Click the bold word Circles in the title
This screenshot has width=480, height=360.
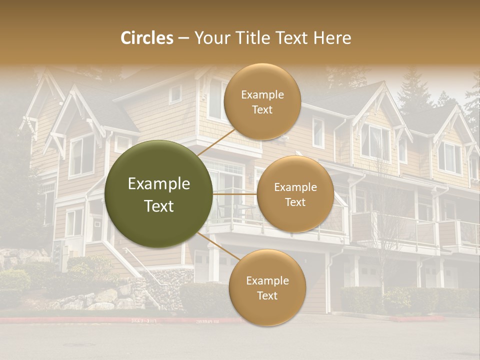[x=146, y=38]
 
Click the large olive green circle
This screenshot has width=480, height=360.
[x=159, y=194]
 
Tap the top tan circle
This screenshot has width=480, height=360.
[x=262, y=101]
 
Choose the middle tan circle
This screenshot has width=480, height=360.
[x=295, y=194]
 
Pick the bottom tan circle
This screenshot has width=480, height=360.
[x=267, y=287]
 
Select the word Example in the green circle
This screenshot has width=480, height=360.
[x=159, y=184]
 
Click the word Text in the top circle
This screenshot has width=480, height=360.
[x=262, y=109]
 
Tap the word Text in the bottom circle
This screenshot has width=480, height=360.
[x=267, y=295]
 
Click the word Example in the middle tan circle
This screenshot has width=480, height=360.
[x=295, y=187]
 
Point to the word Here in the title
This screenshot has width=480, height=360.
[x=332, y=38]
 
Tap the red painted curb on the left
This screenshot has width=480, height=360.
[x=75, y=320]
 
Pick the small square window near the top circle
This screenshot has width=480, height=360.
[x=175, y=93]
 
